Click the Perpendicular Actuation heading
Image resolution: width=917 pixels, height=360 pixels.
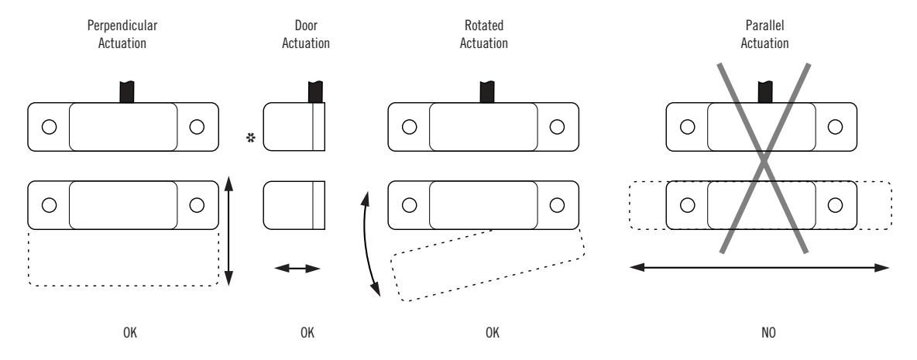pos(122,35)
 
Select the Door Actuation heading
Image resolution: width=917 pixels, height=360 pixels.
pos(305,35)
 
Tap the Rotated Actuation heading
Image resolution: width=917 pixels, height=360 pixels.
pos(483,35)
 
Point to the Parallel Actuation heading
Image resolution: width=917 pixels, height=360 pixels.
pos(764,35)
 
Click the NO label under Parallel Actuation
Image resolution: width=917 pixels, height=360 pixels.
pos(768,333)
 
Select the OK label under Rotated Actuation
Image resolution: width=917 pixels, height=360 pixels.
pos(493,333)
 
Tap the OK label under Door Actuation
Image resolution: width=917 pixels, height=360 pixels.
pos(307,333)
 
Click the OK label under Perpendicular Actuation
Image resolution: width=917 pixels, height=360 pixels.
pos(130,333)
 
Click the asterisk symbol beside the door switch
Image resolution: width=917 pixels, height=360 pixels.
pos(252,138)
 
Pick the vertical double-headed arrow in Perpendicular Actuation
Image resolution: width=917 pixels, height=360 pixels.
pos(228,231)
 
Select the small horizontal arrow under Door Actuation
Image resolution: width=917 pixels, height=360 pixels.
pos(297,268)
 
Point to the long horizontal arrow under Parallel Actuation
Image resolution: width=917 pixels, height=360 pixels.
pos(759,268)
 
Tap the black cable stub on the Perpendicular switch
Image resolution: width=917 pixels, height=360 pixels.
pos(127,92)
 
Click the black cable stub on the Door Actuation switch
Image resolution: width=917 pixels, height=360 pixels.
pos(315,92)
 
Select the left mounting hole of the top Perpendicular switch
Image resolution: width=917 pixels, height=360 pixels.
pos(49,127)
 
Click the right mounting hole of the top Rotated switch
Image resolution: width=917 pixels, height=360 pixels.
pos(557,127)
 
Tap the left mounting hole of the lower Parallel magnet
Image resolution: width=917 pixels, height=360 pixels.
pos(688,205)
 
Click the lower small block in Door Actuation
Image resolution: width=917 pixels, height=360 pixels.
pos(294,205)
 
